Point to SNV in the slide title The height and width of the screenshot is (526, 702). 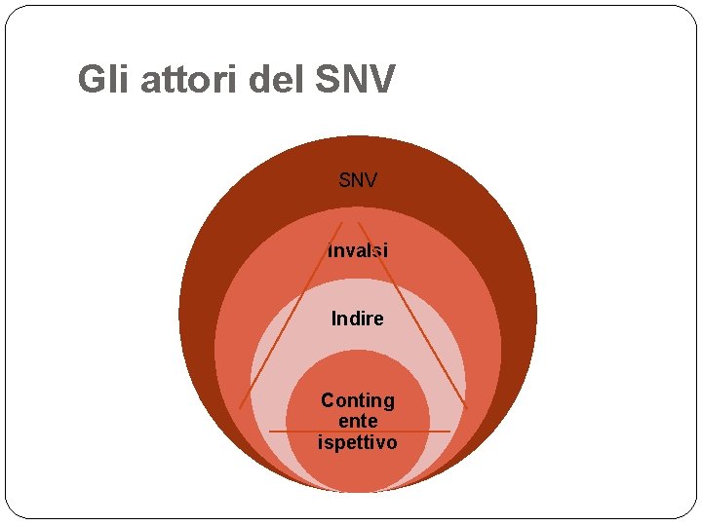point(356,79)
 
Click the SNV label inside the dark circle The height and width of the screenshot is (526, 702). point(358,180)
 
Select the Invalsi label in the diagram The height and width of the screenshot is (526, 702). point(358,250)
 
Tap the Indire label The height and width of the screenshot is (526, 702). point(358,319)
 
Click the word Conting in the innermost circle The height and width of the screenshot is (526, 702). point(358,400)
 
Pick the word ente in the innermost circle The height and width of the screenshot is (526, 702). point(358,422)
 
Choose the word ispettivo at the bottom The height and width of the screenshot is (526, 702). point(358,443)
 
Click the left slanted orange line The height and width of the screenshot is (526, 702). point(291,316)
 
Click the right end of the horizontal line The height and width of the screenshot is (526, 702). point(449,432)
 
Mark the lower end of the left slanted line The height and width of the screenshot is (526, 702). point(241,406)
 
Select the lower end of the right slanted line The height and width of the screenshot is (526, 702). point(466,405)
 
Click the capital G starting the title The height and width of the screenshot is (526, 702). point(89,79)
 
